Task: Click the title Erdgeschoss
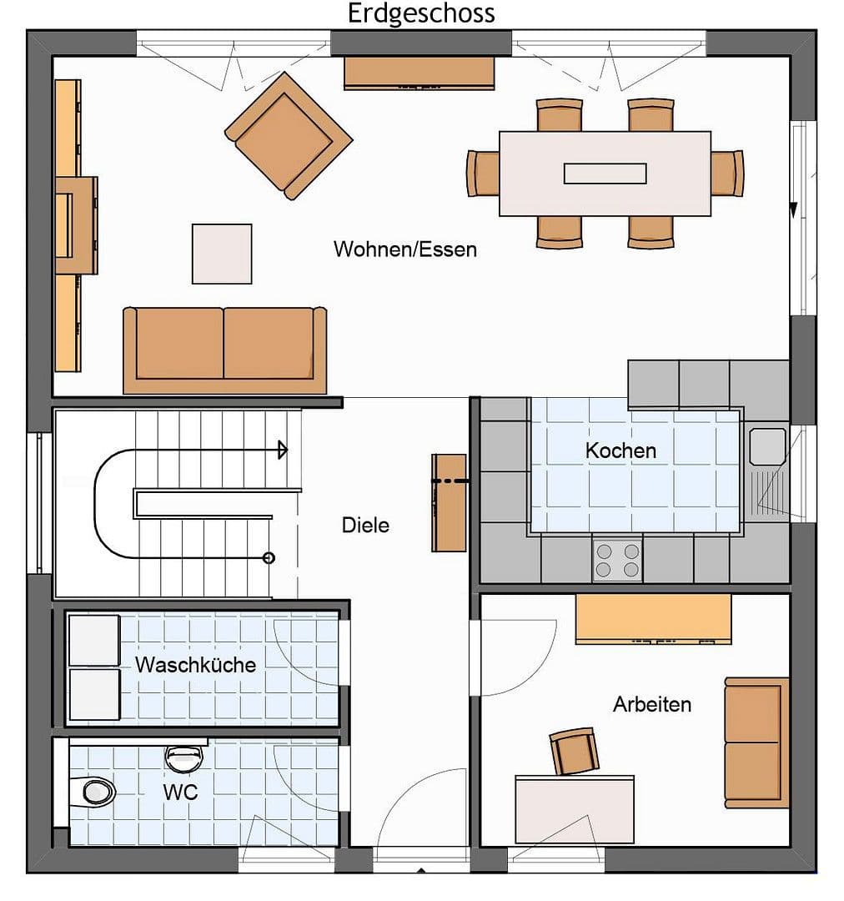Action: pyautogui.click(x=421, y=13)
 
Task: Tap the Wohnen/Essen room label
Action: pyautogui.click(x=405, y=249)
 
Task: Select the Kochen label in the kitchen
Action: pyautogui.click(x=620, y=450)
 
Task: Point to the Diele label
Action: pyautogui.click(x=365, y=526)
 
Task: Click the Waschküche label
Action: pyautogui.click(x=195, y=665)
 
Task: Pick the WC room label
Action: pyautogui.click(x=180, y=792)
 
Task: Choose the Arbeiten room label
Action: pyautogui.click(x=652, y=704)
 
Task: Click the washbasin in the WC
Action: pyautogui.click(x=184, y=757)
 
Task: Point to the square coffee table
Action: pyautogui.click(x=222, y=254)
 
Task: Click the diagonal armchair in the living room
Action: pyautogui.click(x=288, y=136)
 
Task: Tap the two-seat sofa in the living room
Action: pyautogui.click(x=224, y=349)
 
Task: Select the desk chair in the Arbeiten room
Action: pyautogui.click(x=574, y=751)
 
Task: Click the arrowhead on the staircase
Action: pyautogui.click(x=283, y=450)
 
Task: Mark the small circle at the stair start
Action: pyautogui.click(x=269, y=557)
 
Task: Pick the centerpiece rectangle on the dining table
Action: pyautogui.click(x=605, y=174)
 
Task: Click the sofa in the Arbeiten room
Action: pyautogui.click(x=756, y=742)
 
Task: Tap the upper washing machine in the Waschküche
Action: pyautogui.click(x=94, y=641)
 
